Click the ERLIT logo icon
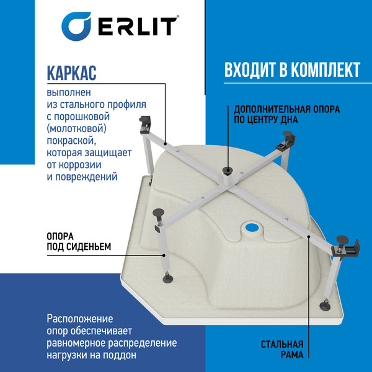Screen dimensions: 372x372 (x=79, y=27)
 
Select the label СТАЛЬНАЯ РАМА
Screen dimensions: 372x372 (x=281, y=350)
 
